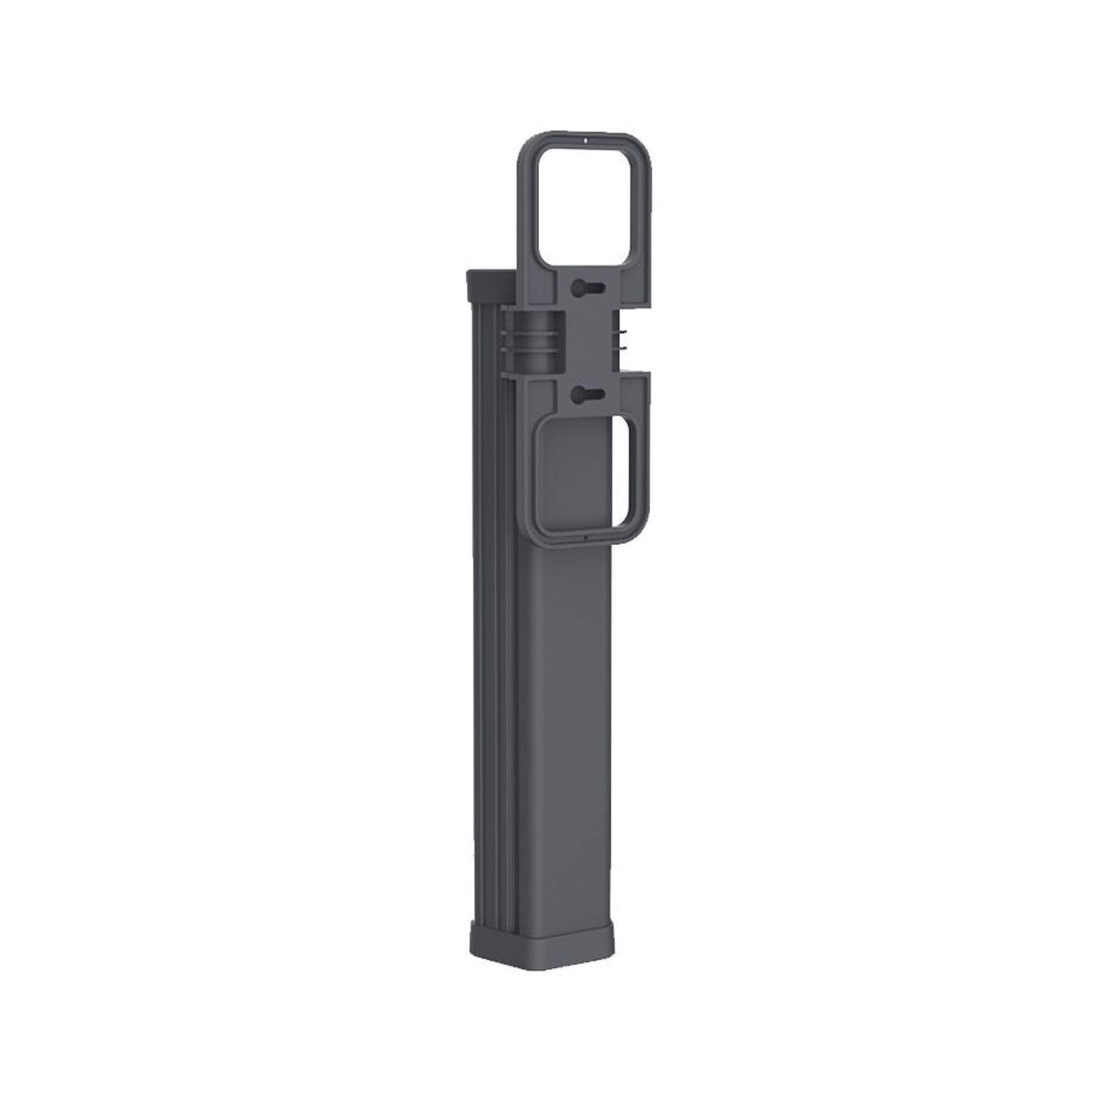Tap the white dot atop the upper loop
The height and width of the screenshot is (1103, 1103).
(x=584, y=137)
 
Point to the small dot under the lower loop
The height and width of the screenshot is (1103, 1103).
(x=583, y=539)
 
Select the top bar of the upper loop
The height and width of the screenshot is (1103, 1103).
(x=584, y=144)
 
